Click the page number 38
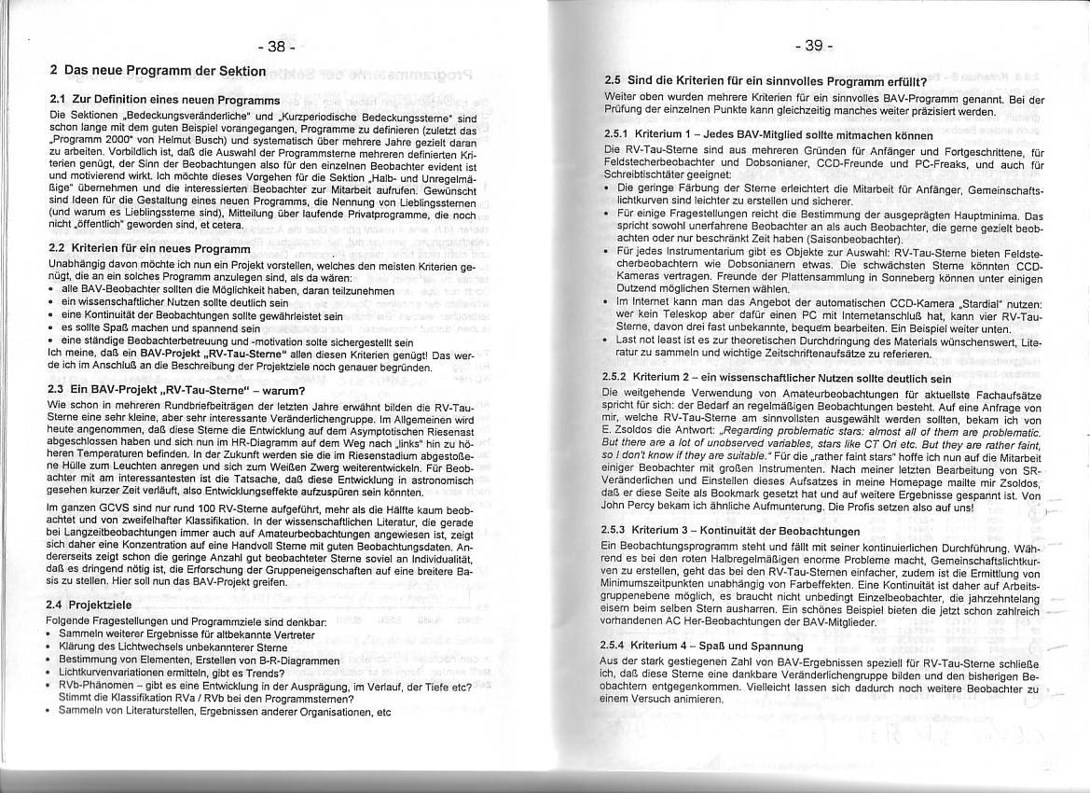pos(276,47)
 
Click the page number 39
pos(813,46)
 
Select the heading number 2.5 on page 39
pos(615,80)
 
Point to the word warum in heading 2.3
pos(280,390)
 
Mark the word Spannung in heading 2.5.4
pos(773,646)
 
